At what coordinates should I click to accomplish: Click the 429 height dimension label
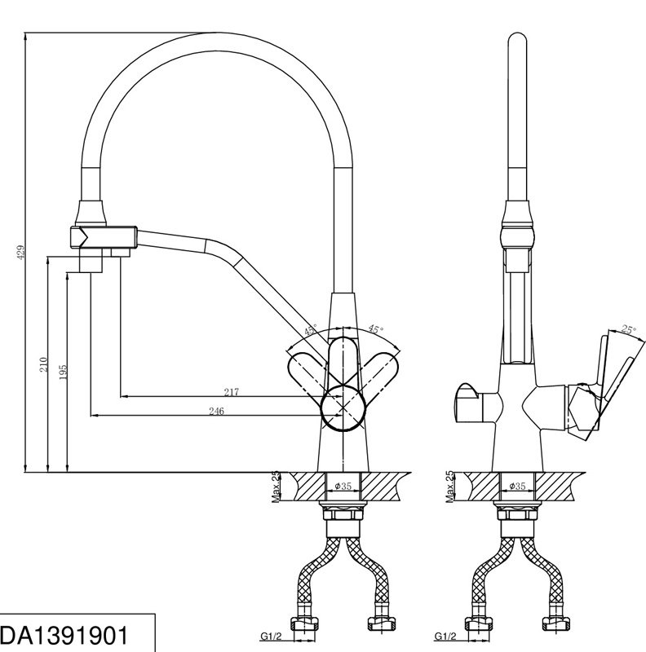[22, 253]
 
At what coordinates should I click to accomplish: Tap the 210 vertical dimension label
[44, 364]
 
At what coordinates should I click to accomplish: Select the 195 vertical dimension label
[63, 373]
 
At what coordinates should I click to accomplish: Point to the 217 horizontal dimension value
[232, 392]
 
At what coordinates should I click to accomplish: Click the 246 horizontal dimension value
[216, 411]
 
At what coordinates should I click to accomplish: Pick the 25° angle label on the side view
[629, 330]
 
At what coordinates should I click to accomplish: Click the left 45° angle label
[310, 331]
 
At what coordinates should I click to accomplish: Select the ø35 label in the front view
[343, 486]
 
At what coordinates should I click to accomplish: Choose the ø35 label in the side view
[517, 486]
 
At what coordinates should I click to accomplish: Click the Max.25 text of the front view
[277, 487]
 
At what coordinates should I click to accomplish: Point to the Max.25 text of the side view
[450, 487]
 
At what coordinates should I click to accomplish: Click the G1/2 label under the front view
[271, 637]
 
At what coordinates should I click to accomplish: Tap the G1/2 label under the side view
[445, 637]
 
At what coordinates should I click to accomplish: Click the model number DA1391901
[64, 636]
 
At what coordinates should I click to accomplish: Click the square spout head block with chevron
[104, 236]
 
